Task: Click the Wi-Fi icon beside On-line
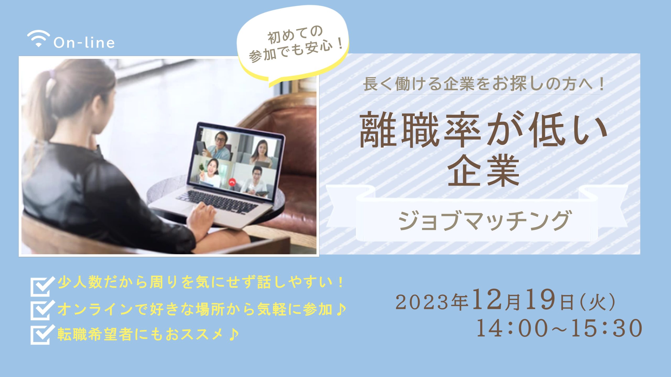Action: click(38, 39)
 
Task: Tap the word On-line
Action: click(84, 43)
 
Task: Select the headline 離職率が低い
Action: click(483, 130)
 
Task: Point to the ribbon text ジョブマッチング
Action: click(484, 221)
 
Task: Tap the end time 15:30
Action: click(607, 328)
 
